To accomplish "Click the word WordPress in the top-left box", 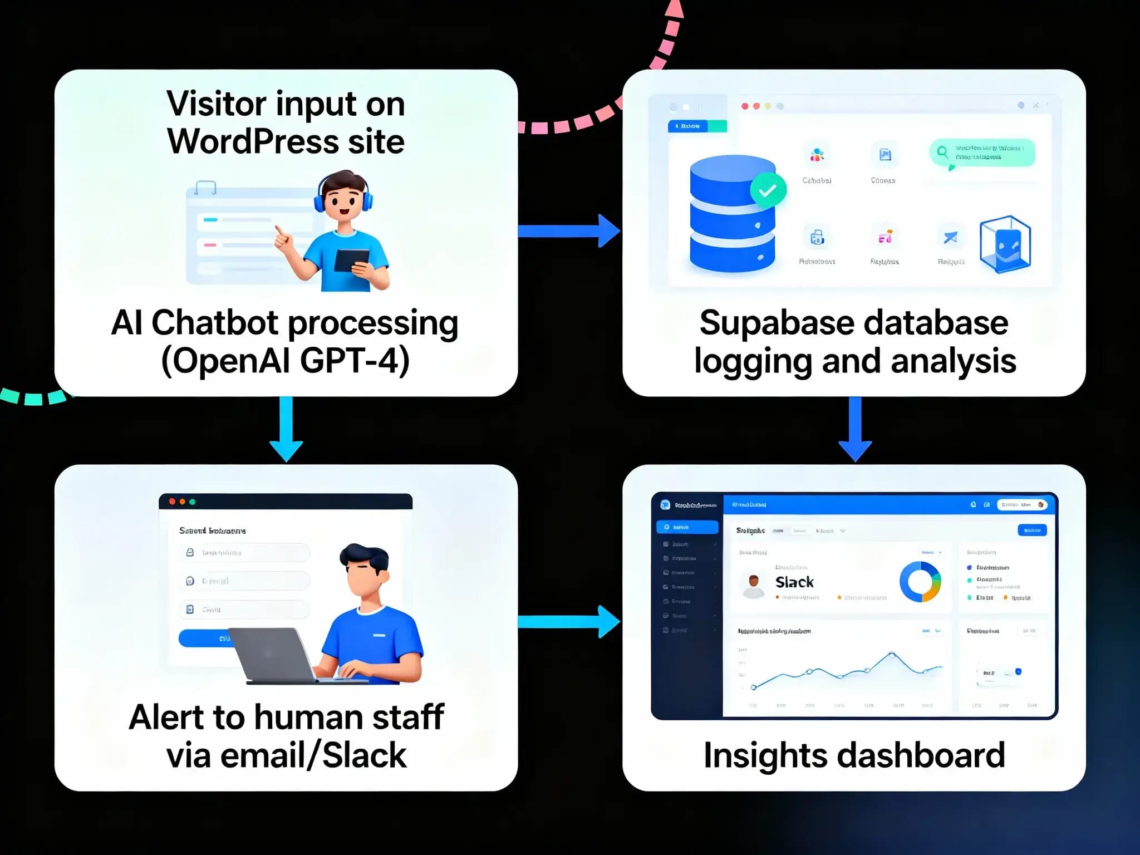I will pyautogui.click(x=253, y=141).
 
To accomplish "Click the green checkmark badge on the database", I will pyautogui.click(x=768, y=190).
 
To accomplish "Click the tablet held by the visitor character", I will pyautogui.click(x=351, y=260).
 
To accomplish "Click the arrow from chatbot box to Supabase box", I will pyautogui.click(x=568, y=230).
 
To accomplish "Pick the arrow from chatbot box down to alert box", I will pyautogui.click(x=286, y=429).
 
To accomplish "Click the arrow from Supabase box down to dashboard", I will pyautogui.click(x=855, y=429).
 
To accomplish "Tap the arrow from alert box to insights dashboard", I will pyautogui.click(x=568, y=621).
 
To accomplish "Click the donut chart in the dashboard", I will pyautogui.click(x=920, y=582).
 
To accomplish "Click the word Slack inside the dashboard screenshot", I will pyautogui.click(x=794, y=582).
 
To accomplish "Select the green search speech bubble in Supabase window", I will pyautogui.click(x=982, y=153).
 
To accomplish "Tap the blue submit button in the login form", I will pyautogui.click(x=206, y=638).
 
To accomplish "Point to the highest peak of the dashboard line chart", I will pyautogui.click(x=891, y=654).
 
